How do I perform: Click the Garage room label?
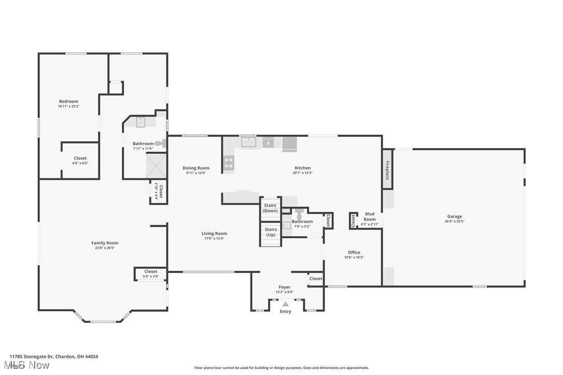pyautogui.click(x=455, y=217)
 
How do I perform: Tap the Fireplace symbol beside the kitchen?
pyautogui.click(x=387, y=169)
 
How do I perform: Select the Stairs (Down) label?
pyautogui.click(x=270, y=208)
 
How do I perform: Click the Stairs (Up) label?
pyautogui.click(x=270, y=232)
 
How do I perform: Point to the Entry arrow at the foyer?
pyautogui.click(x=285, y=305)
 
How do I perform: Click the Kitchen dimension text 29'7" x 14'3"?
pyautogui.click(x=302, y=173)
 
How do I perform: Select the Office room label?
pyautogui.click(x=354, y=252)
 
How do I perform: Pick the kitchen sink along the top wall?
pyautogui.click(x=249, y=141)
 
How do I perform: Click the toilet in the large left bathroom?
pyautogui.click(x=160, y=143)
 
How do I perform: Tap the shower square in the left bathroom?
pyautogui.click(x=156, y=166)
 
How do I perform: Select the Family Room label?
pyautogui.click(x=105, y=243)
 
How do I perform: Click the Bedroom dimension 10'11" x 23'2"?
pyautogui.click(x=68, y=106)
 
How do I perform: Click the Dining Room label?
pyautogui.click(x=196, y=168)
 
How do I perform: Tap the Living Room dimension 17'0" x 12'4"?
pyautogui.click(x=214, y=239)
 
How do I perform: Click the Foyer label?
pyautogui.click(x=285, y=287)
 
